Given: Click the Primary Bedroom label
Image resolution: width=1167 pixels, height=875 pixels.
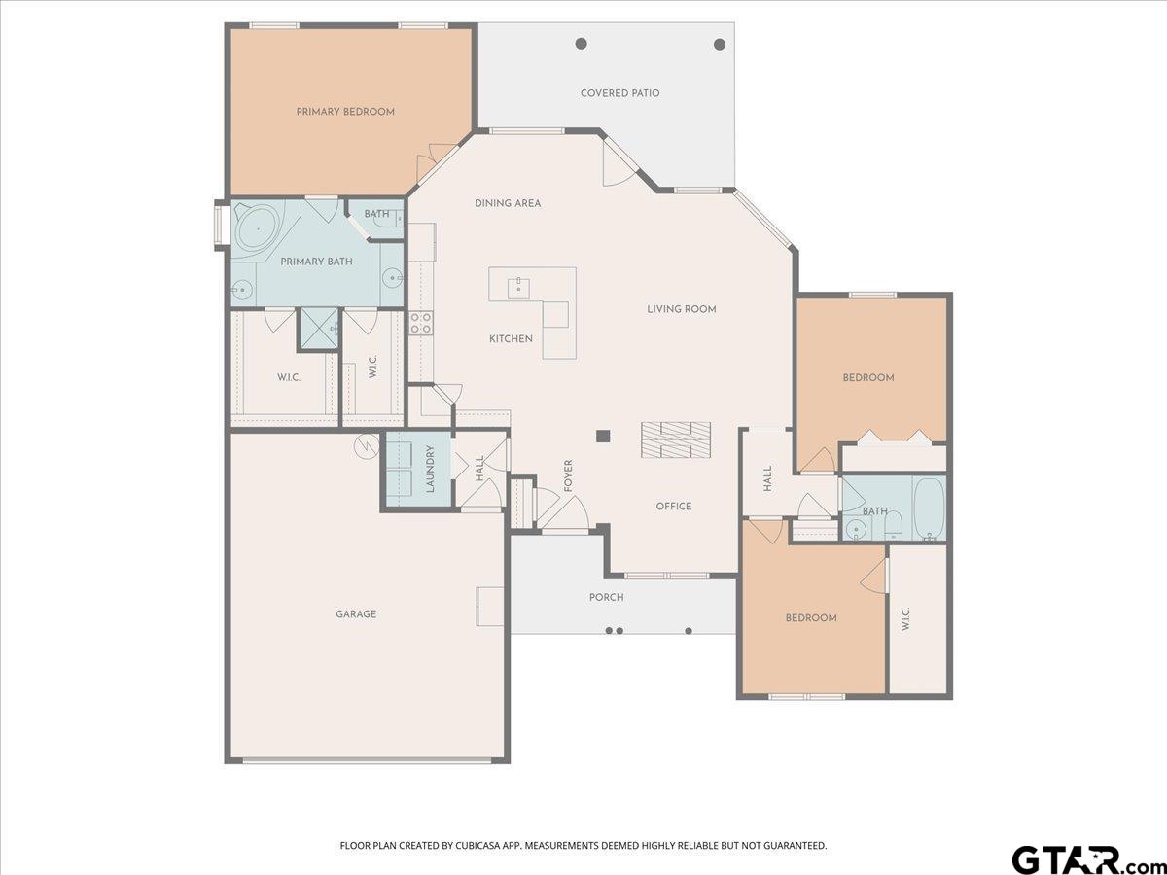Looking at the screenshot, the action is (x=345, y=112).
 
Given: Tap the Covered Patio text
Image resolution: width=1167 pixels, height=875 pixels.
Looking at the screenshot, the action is (x=619, y=93).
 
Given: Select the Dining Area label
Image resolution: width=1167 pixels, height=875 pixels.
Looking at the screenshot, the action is (x=508, y=203).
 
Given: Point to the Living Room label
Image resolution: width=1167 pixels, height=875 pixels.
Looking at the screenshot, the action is (x=682, y=308).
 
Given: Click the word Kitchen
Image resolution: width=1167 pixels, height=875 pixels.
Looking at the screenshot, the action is (x=511, y=338).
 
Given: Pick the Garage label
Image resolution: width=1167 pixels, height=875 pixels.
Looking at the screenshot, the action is (x=356, y=614).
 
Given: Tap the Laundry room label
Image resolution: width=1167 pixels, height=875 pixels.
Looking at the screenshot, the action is (x=431, y=469).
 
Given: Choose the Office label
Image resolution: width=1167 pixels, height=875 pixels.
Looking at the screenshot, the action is (x=674, y=506).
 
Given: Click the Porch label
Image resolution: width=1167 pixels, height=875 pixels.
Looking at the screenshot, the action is (x=607, y=597).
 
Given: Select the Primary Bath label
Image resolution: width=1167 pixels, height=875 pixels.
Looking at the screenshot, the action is (x=316, y=262).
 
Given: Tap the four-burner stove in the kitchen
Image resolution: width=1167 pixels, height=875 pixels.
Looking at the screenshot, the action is (x=421, y=323).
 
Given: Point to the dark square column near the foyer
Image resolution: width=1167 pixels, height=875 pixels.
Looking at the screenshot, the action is (x=603, y=437).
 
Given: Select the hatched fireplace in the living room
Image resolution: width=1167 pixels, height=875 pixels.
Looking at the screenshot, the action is (x=676, y=439).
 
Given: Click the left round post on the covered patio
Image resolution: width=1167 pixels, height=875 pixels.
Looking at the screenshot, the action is (x=582, y=44).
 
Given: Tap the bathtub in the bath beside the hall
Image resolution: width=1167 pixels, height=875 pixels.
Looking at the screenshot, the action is (x=930, y=508).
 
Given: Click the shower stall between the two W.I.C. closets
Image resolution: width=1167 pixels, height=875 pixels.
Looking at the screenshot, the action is (x=318, y=329).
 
